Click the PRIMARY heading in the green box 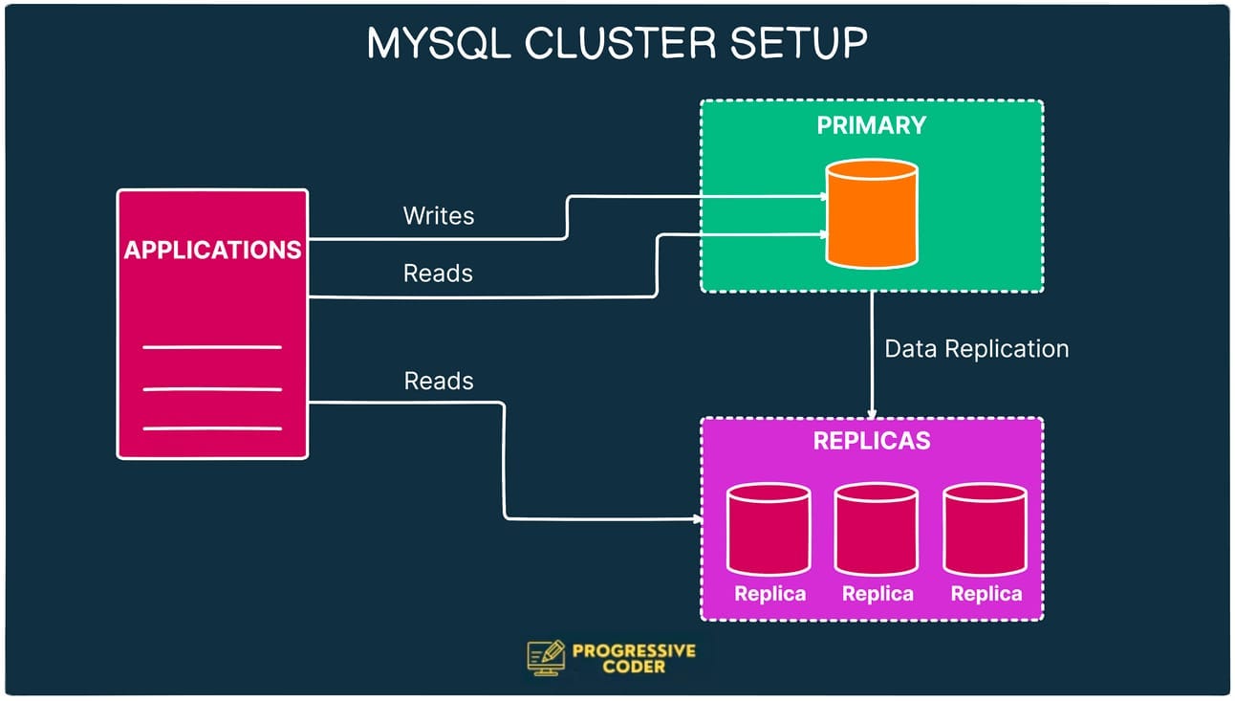[871, 125]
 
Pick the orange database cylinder [872, 213]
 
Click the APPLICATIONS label [212, 251]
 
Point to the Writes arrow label [439, 215]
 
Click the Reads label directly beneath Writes [438, 274]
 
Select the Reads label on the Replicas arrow [439, 381]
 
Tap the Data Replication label [976, 349]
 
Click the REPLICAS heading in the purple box [871, 442]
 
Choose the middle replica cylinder [877, 530]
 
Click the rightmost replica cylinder [986, 530]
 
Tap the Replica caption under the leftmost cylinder [769, 594]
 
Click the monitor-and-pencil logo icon [546, 657]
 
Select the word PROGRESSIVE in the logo [634, 651]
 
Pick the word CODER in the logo [634, 667]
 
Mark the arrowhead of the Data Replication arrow [872, 412]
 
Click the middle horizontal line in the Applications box [212, 389]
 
